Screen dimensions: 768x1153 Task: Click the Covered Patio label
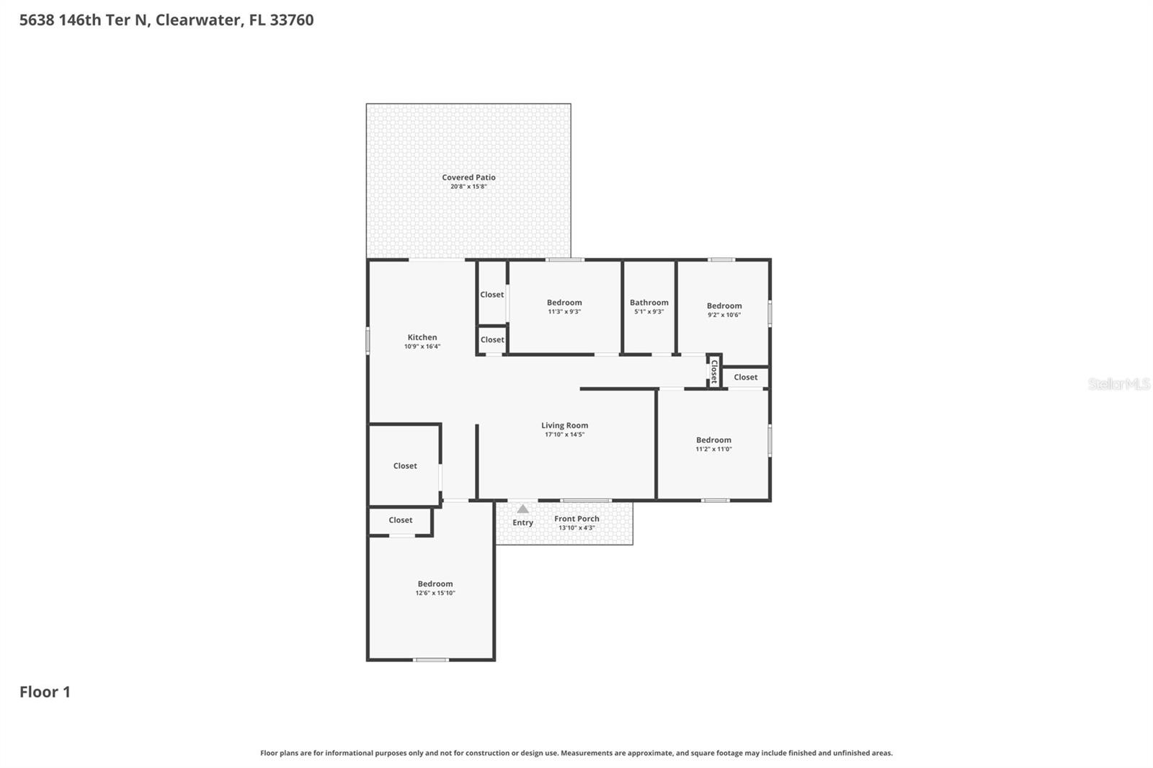468,177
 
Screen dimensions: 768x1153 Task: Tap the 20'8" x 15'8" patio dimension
468,187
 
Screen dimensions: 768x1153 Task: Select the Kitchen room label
422,337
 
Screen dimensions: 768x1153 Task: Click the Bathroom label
649,303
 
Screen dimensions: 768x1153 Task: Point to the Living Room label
564,425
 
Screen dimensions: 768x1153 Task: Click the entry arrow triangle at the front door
523,509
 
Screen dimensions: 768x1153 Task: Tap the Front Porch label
576,519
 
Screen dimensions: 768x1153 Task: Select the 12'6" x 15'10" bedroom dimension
435,593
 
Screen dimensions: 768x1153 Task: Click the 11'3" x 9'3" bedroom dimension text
564,312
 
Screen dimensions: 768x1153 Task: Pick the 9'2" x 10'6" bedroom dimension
724,315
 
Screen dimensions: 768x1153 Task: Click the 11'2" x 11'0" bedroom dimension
713,449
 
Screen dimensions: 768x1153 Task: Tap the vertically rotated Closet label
714,372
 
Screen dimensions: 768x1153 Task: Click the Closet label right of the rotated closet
745,377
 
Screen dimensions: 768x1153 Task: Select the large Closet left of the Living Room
405,466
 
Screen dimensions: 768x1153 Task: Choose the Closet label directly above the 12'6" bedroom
401,520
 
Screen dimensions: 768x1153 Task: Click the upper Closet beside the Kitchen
492,295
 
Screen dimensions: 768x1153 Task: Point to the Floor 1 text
45,692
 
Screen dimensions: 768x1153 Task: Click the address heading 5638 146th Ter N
166,19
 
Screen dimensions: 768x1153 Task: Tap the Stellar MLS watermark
1118,384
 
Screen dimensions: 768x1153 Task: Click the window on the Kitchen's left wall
368,341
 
